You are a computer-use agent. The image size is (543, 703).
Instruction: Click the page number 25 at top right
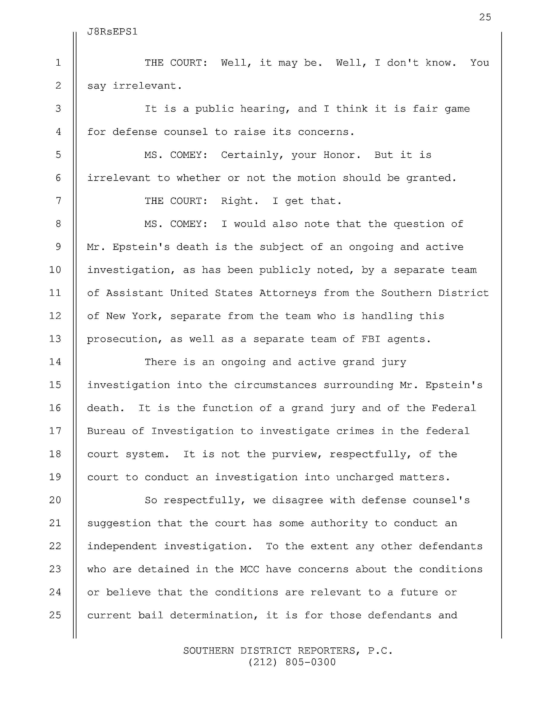(485, 17)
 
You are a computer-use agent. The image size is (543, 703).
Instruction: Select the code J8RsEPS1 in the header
(112, 32)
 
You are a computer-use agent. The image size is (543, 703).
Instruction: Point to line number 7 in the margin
(58, 201)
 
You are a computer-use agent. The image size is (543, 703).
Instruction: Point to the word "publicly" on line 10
(285, 270)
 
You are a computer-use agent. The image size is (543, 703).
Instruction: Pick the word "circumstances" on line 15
(275, 385)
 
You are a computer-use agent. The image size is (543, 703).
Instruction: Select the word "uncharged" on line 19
(365, 477)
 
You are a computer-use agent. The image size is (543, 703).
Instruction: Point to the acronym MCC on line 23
(249, 569)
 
